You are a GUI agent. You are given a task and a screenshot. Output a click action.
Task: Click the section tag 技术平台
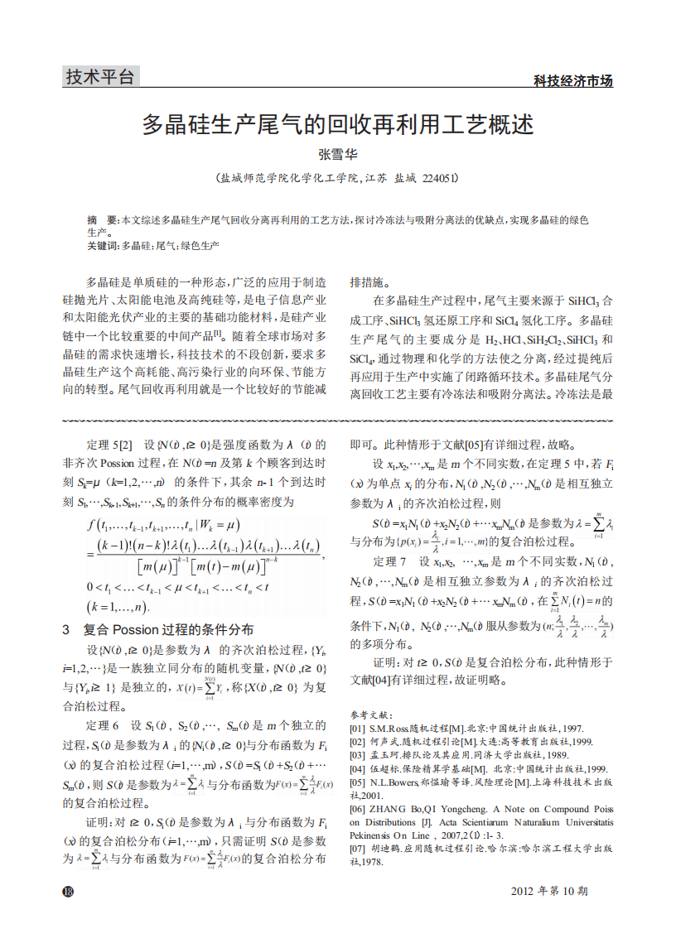click(x=99, y=77)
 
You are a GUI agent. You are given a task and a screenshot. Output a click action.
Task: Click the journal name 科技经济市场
click(x=572, y=81)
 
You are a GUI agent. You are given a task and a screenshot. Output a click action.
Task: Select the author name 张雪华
click(x=337, y=154)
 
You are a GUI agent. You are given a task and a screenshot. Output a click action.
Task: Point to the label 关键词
click(x=103, y=246)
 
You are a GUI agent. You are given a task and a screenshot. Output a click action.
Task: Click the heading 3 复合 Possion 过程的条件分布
click(x=158, y=629)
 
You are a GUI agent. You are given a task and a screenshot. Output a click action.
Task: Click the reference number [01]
click(x=358, y=728)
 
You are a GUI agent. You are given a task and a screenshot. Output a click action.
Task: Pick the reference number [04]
click(x=358, y=768)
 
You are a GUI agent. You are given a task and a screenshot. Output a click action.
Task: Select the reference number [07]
click(x=358, y=849)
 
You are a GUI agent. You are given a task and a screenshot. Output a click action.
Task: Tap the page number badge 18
click(x=68, y=891)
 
